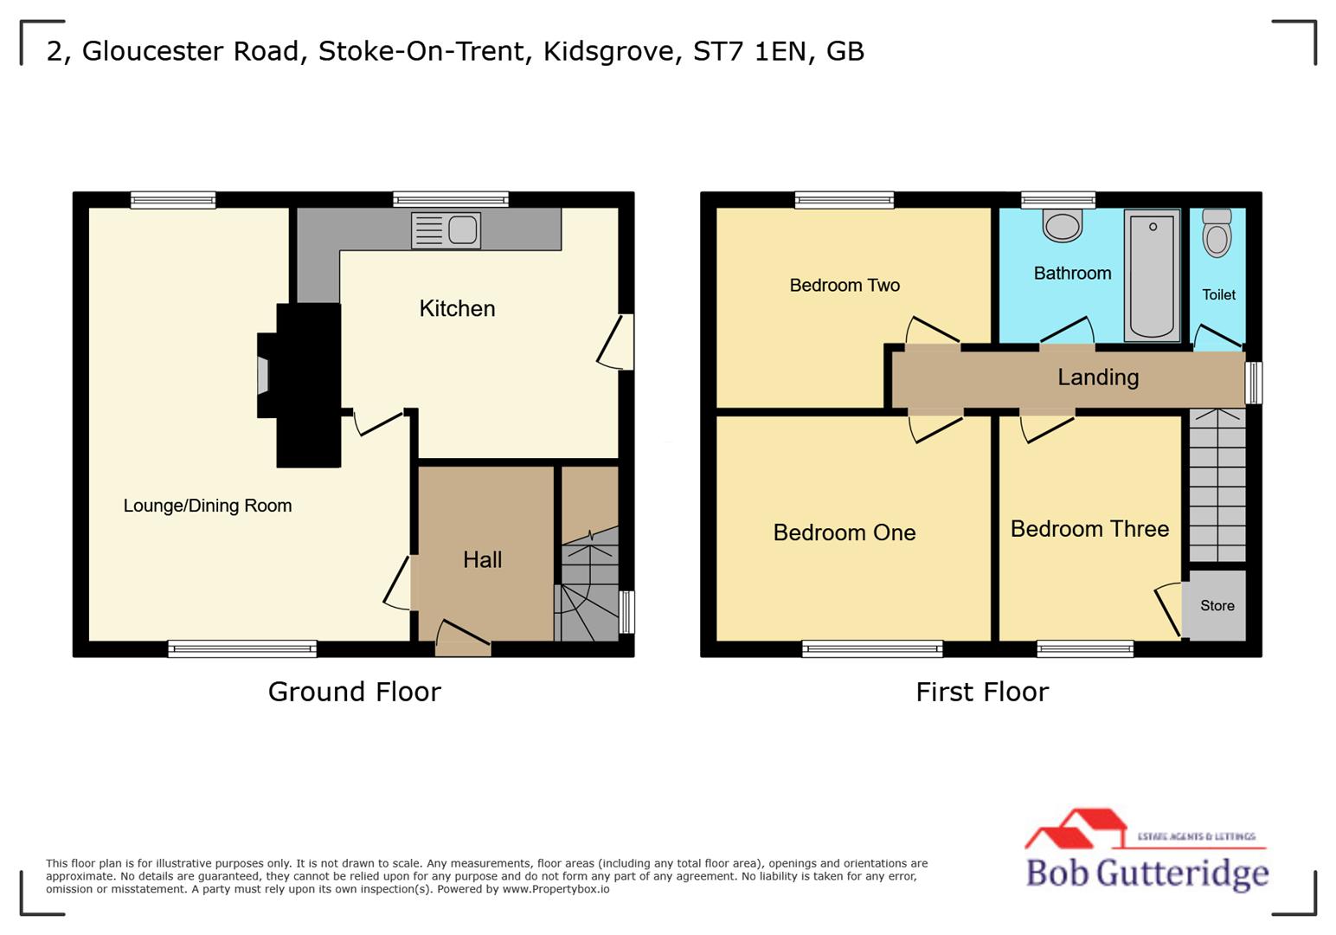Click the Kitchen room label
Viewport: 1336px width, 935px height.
pos(457,308)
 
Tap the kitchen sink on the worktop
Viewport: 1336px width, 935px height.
pos(446,230)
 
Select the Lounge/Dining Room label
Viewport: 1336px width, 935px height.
pos(208,506)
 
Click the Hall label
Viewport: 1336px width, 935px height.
pos(482,559)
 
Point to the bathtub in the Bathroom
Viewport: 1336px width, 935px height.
pos(1152,274)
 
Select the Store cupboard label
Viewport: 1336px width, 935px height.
pos(1217,606)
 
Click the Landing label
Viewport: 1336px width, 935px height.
pos(1097,377)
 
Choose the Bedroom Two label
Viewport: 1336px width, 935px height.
pos(845,285)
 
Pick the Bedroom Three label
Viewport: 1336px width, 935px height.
pos(1089,528)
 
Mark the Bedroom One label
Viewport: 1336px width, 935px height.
pos(844,532)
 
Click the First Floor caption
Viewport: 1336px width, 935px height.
pos(982,692)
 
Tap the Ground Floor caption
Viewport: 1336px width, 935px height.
pos(354,692)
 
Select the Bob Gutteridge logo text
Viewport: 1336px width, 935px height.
pos(1147,872)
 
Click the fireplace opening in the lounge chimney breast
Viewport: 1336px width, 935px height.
pos(263,376)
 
